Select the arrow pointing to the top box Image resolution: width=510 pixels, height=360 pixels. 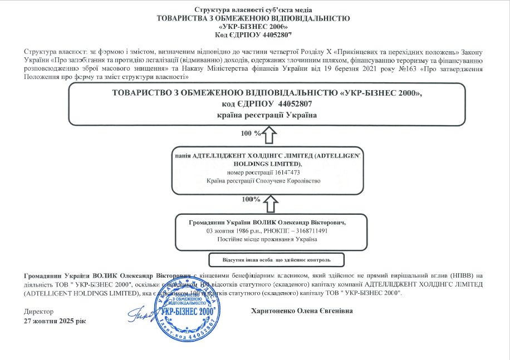click(x=269, y=134)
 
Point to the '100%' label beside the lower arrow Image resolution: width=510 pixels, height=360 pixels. click(x=251, y=199)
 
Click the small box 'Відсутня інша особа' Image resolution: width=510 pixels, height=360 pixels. click(x=276, y=260)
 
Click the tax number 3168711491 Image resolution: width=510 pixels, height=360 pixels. click(x=307, y=230)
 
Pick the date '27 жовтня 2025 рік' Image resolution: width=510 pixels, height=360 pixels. click(x=55, y=322)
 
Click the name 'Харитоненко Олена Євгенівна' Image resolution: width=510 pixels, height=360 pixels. click(x=302, y=311)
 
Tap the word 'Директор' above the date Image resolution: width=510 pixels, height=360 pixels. click(x=39, y=312)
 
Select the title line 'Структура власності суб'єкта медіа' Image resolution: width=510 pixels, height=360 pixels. click(x=253, y=9)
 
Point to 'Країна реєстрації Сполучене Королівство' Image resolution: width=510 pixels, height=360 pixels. click(x=263, y=181)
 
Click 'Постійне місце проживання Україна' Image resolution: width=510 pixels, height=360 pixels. click(x=267, y=239)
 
